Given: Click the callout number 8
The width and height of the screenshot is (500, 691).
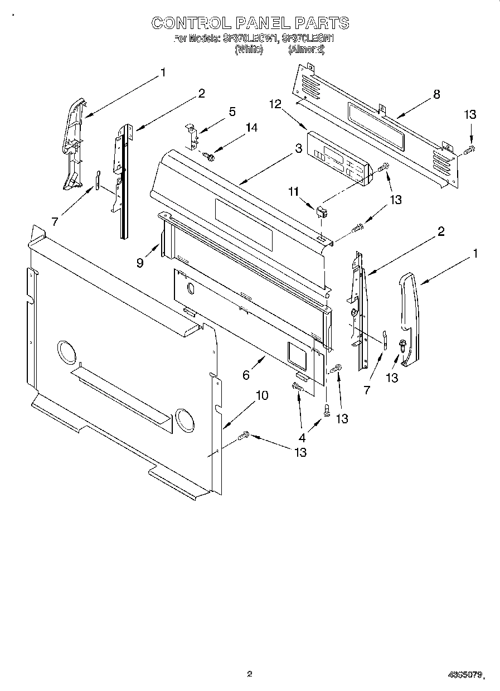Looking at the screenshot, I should click(x=436, y=94).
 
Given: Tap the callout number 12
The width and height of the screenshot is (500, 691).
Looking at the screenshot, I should click(x=274, y=104).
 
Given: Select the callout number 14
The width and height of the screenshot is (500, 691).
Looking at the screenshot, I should click(x=251, y=128).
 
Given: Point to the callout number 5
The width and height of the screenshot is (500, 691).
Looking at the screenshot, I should click(x=232, y=112).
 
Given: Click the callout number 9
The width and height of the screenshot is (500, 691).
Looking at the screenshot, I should click(x=140, y=262).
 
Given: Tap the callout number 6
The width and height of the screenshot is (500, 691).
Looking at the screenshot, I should click(x=246, y=375).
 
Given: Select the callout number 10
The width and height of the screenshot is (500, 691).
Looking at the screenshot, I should click(x=261, y=395).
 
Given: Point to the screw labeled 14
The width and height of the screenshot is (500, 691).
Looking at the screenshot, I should click(x=210, y=157).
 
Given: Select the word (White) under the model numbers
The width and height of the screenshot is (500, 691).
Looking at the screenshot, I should click(x=249, y=49).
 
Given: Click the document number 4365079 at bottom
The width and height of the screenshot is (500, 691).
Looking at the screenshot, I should click(x=464, y=675).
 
